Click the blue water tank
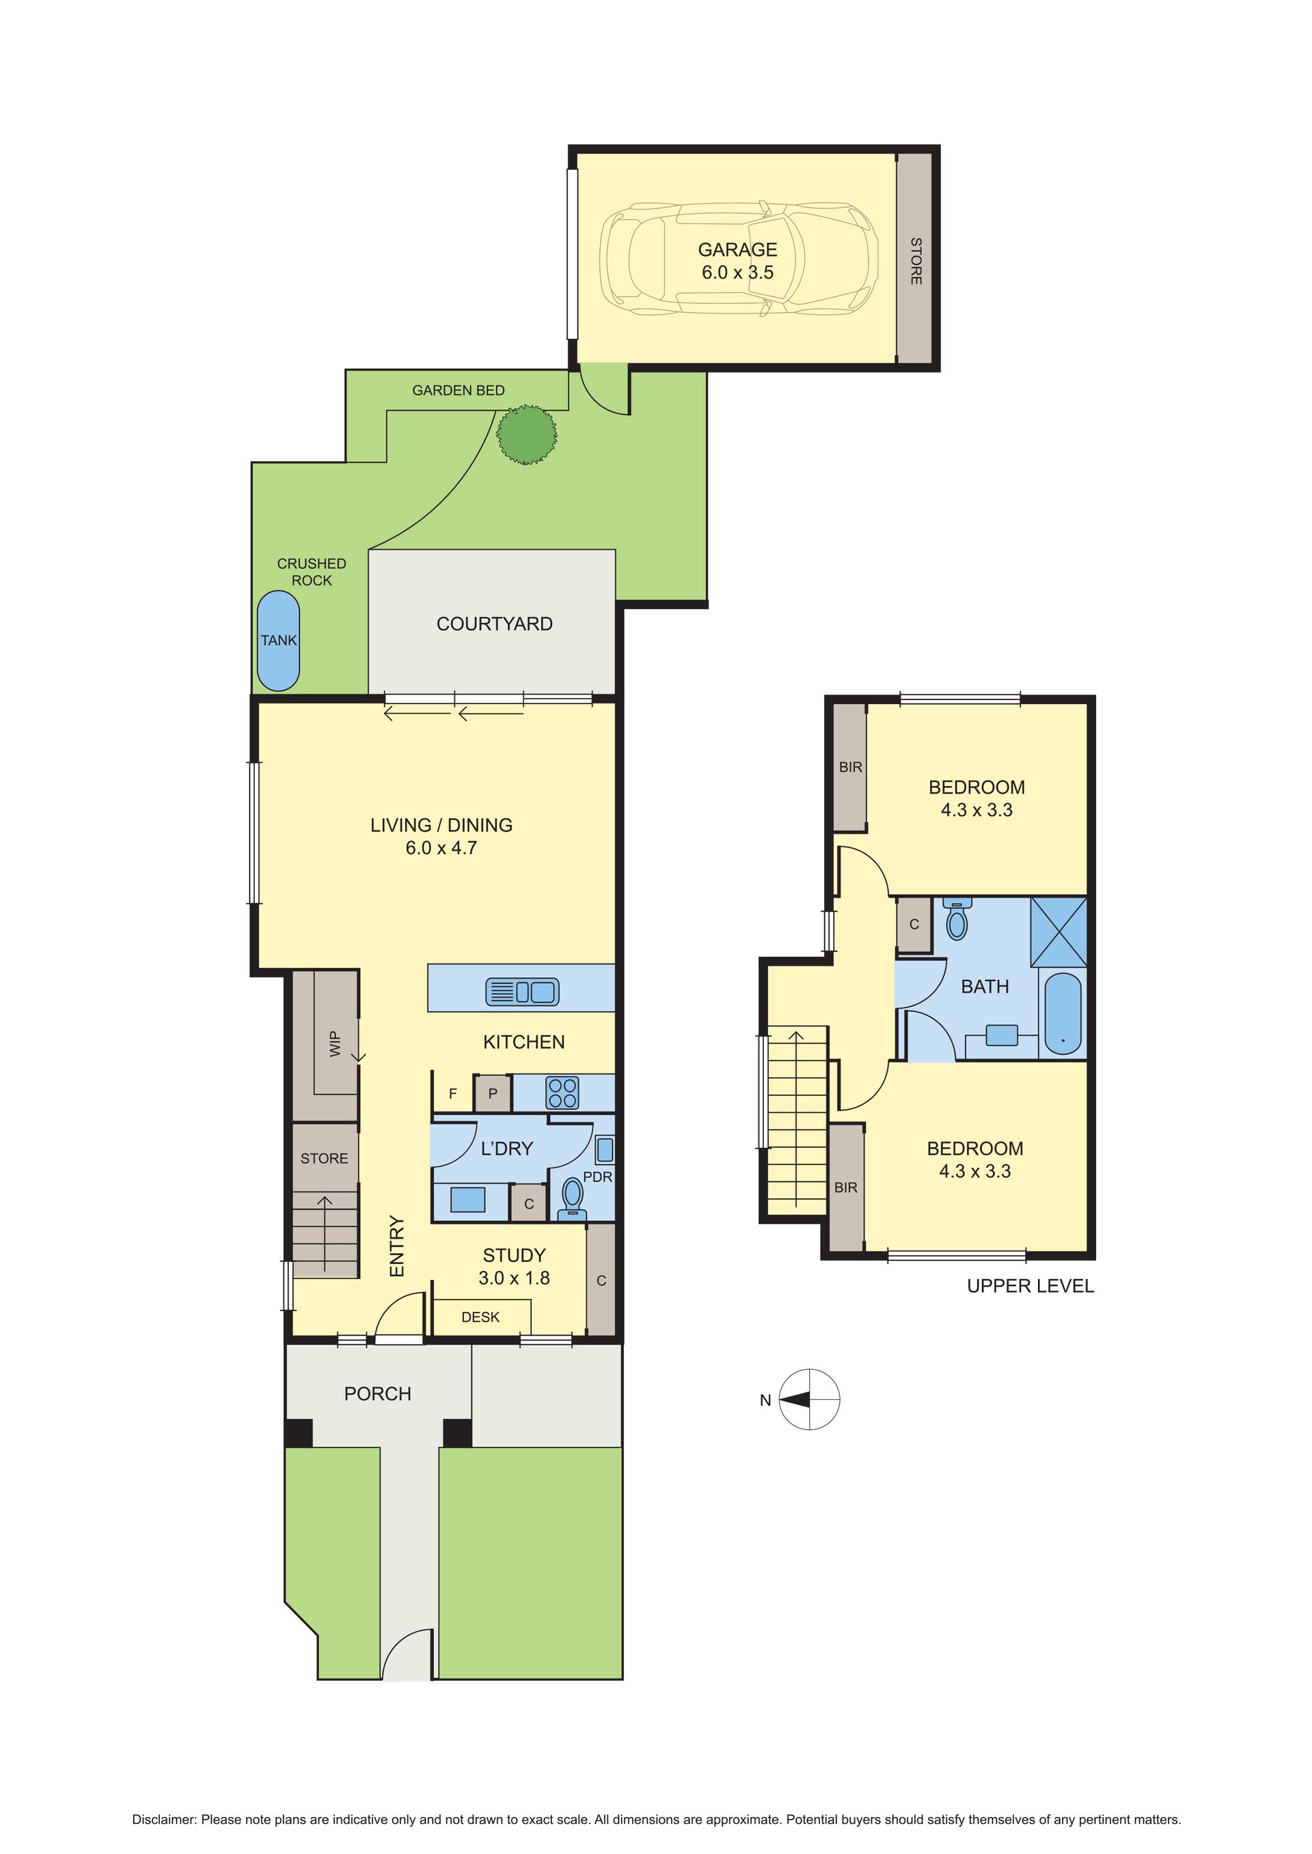[x=278, y=641]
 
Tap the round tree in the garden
[x=527, y=434]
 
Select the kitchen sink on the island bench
[x=522, y=992]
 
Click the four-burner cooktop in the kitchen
[x=562, y=1093]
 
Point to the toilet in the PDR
[x=573, y=1196]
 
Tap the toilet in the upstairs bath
[x=957, y=920]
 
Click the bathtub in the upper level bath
[x=1063, y=1013]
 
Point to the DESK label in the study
[x=480, y=1317]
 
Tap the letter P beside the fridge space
[x=493, y=1094]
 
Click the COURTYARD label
[x=495, y=623]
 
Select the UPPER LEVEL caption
[x=1030, y=1287]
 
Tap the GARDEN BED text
[x=458, y=390]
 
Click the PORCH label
[x=377, y=1394]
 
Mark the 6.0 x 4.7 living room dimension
[x=441, y=848]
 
